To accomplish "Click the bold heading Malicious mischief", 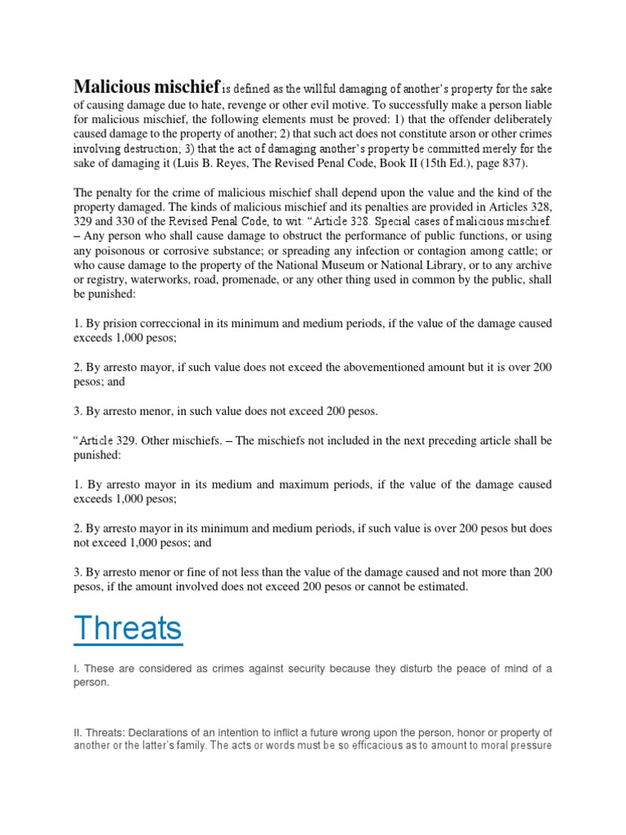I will [x=147, y=86].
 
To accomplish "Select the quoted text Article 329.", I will [x=107, y=440].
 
